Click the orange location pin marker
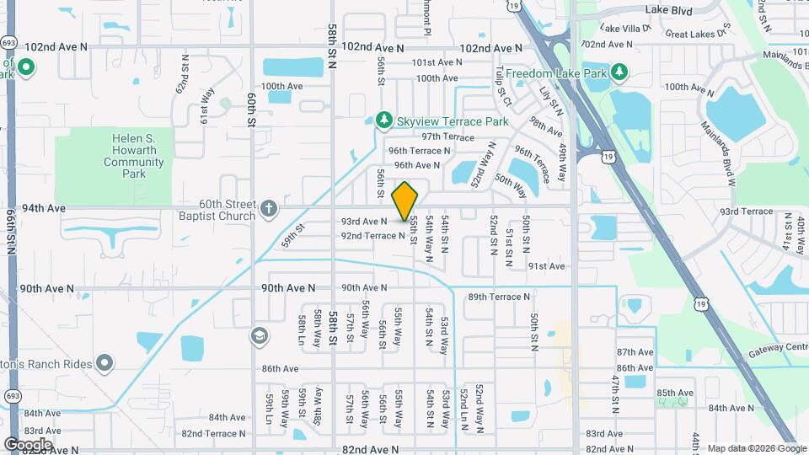coord(405,201)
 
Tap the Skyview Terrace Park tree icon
coord(384,121)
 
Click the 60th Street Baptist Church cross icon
coord(268,208)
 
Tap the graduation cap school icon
coord(260,336)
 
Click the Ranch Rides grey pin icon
coord(104,363)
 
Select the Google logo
coord(28,444)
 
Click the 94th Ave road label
coord(44,207)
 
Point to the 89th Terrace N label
coord(500,297)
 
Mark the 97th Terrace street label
coord(448,136)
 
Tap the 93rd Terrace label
coord(747,211)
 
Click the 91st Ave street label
coord(546,266)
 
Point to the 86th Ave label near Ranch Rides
coord(280,369)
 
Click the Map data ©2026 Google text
coord(757,448)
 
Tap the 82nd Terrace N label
coord(213,434)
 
